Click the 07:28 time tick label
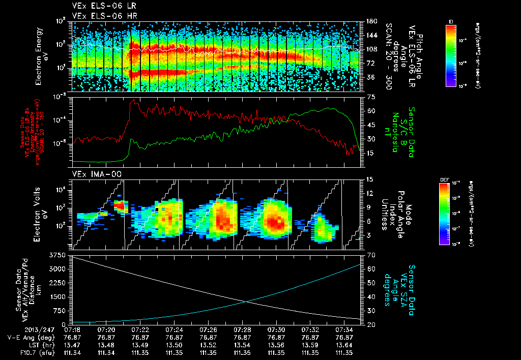coord(242,330)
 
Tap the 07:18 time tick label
coord(72,330)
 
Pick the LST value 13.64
coord(344,345)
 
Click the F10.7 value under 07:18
coord(72,352)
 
